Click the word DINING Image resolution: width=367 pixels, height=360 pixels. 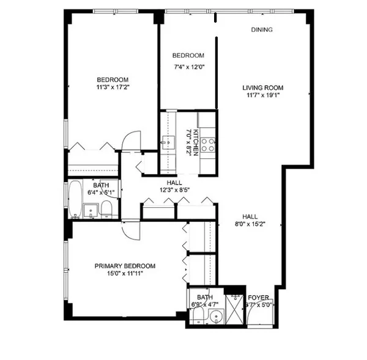[x=262, y=29]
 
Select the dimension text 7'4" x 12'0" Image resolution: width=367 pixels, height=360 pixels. [x=188, y=67]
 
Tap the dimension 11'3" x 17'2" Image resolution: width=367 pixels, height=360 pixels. [x=113, y=87]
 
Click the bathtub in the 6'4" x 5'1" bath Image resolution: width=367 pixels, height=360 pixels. [x=74, y=199]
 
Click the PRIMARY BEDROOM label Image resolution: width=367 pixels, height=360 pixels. [x=124, y=266]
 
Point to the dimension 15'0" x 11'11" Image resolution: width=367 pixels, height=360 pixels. [x=124, y=274]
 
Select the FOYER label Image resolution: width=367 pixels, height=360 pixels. [x=259, y=297]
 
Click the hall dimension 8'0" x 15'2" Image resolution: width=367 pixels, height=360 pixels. [x=249, y=224]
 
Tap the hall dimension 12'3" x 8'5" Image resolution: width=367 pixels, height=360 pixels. [x=174, y=190]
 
